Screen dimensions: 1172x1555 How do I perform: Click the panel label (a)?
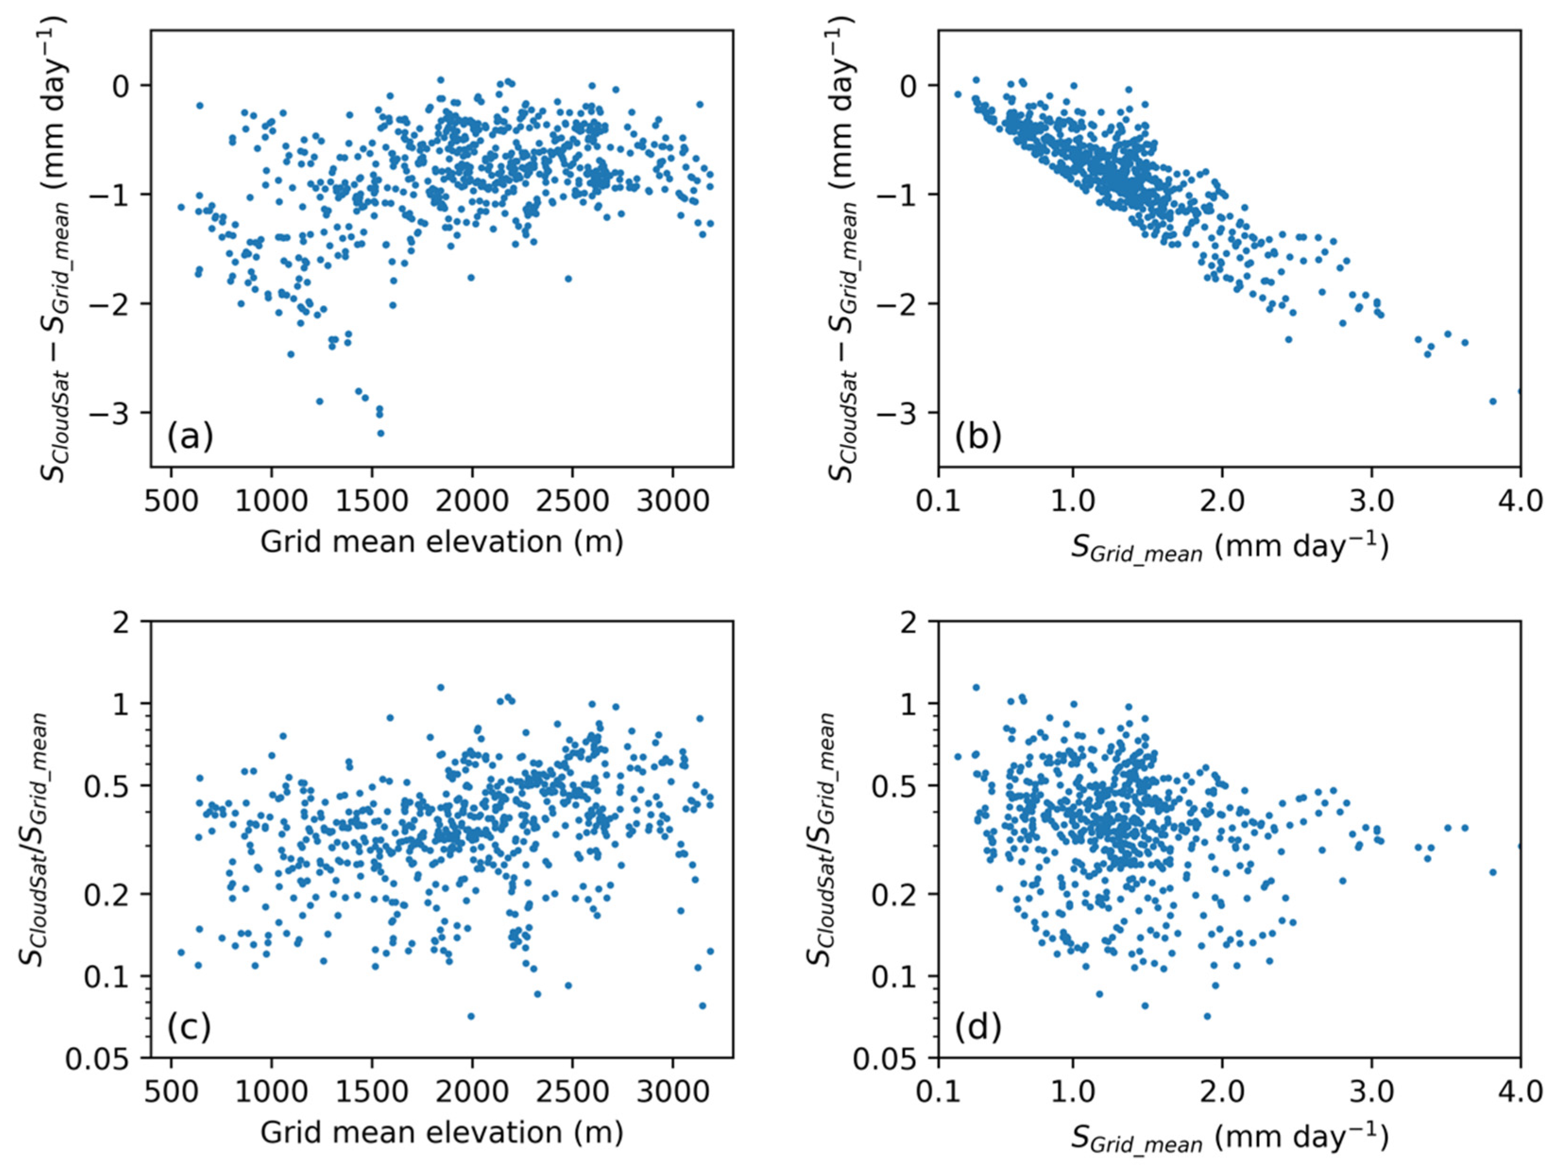[x=190, y=436]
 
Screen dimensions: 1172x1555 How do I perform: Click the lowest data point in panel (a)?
[x=380, y=433]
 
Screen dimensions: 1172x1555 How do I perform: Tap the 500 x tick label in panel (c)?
[x=171, y=1092]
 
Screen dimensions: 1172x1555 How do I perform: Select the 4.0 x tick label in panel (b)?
[x=1520, y=501]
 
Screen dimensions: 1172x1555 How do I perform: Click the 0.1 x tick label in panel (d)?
[x=938, y=1092]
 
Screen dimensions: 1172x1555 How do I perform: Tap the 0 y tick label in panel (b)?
[x=909, y=85]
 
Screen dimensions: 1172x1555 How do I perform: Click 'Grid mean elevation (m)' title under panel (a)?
[x=442, y=542]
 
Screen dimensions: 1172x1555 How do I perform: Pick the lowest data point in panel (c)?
[x=471, y=1016]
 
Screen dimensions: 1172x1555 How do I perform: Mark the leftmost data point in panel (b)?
[x=958, y=94]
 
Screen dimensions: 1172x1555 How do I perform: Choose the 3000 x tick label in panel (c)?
[x=673, y=1092]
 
